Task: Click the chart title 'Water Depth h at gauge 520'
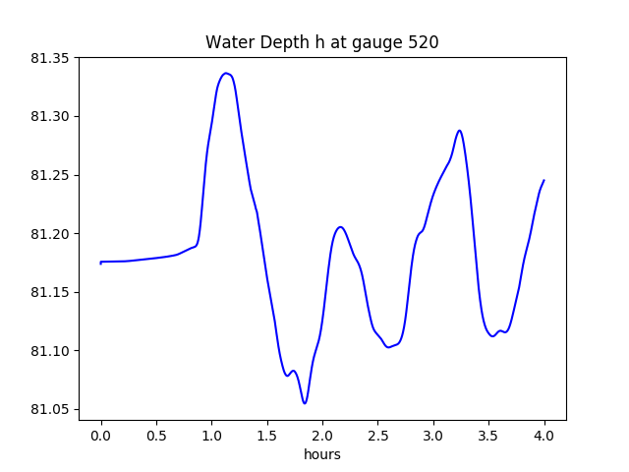[321, 42]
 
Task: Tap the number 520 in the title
[423, 42]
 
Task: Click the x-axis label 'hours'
[321, 455]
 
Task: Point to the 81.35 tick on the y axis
[50, 58]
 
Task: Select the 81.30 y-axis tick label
[50, 117]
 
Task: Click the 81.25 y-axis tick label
[50, 175]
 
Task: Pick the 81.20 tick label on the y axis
[50, 234]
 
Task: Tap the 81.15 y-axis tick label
[50, 292]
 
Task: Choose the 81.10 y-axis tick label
[50, 351]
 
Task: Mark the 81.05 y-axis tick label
[50, 409]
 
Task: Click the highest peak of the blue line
[226, 73]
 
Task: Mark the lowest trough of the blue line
[305, 403]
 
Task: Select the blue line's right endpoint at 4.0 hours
[543, 180]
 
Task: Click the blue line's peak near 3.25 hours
[459, 130]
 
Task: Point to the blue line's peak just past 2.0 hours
[340, 227]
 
